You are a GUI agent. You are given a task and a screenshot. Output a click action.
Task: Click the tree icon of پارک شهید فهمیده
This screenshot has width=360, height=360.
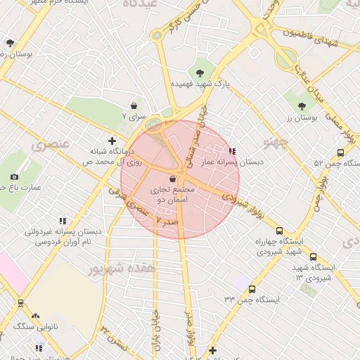click(x=201, y=72)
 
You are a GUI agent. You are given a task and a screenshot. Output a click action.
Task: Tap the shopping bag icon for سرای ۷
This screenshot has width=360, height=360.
click(x=134, y=105)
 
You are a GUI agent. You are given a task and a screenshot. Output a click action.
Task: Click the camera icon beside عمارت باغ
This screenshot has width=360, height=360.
click(x=15, y=176)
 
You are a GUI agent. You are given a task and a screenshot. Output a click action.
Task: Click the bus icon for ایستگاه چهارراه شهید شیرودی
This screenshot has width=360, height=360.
click(x=280, y=231)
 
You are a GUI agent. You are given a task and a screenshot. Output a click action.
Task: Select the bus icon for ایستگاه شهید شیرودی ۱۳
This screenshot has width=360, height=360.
click(x=313, y=257)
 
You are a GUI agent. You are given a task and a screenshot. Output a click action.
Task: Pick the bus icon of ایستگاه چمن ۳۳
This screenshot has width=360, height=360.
click(x=252, y=289)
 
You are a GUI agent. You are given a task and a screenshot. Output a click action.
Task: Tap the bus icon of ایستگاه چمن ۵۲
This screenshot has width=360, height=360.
click(x=340, y=153)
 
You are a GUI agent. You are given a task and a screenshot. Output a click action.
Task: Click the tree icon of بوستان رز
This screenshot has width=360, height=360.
click(x=302, y=106)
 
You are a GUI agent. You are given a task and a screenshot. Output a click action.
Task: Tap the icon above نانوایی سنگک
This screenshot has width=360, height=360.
click(x=35, y=316)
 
